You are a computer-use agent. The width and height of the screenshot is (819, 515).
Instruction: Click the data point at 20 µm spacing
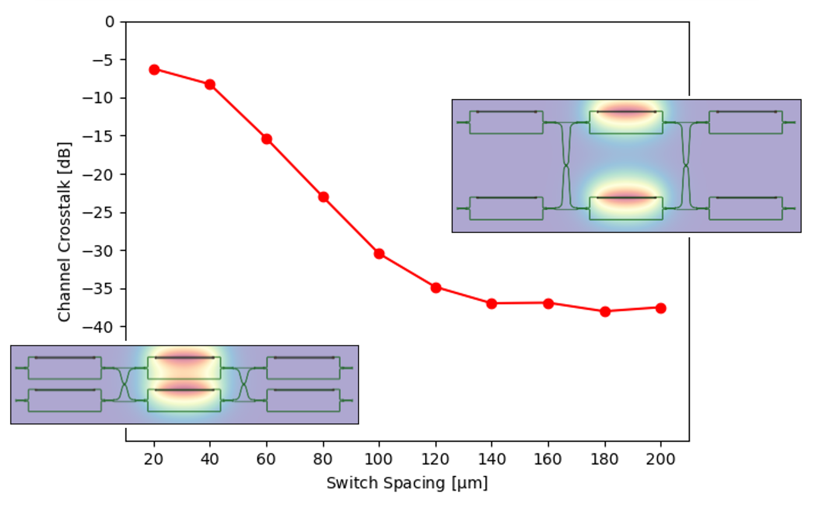(x=154, y=70)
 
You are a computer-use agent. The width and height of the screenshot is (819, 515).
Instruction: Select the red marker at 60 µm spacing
(x=267, y=139)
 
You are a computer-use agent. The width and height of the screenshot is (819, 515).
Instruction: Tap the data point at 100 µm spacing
(x=379, y=254)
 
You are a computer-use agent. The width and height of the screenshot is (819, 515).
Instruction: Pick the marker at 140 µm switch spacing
(x=491, y=304)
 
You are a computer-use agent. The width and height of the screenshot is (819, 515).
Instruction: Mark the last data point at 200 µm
(x=661, y=308)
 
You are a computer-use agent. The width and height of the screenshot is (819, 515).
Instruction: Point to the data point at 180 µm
(x=605, y=312)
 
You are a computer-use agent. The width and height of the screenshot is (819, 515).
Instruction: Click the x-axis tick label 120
(x=435, y=459)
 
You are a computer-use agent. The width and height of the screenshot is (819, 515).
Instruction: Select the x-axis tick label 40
(x=209, y=459)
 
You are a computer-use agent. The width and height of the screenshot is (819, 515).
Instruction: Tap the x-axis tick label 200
(x=660, y=459)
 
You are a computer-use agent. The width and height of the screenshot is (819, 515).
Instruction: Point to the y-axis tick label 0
(x=110, y=22)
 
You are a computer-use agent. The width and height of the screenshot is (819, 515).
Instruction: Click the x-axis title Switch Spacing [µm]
(x=407, y=483)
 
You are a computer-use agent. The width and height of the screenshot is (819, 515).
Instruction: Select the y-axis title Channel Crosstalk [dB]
(x=64, y=231)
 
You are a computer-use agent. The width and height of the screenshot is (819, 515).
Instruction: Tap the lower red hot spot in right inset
(x=626, y=197)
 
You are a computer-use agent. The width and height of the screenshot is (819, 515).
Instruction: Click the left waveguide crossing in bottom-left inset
(x=124, y=384)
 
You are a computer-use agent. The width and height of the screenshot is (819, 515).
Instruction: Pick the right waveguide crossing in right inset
(x=686, y=165)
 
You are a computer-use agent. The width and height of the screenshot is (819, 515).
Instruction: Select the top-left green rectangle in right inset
(x=506, y=122)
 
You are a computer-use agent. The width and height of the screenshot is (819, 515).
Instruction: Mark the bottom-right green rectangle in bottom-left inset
(x=303, y=401)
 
